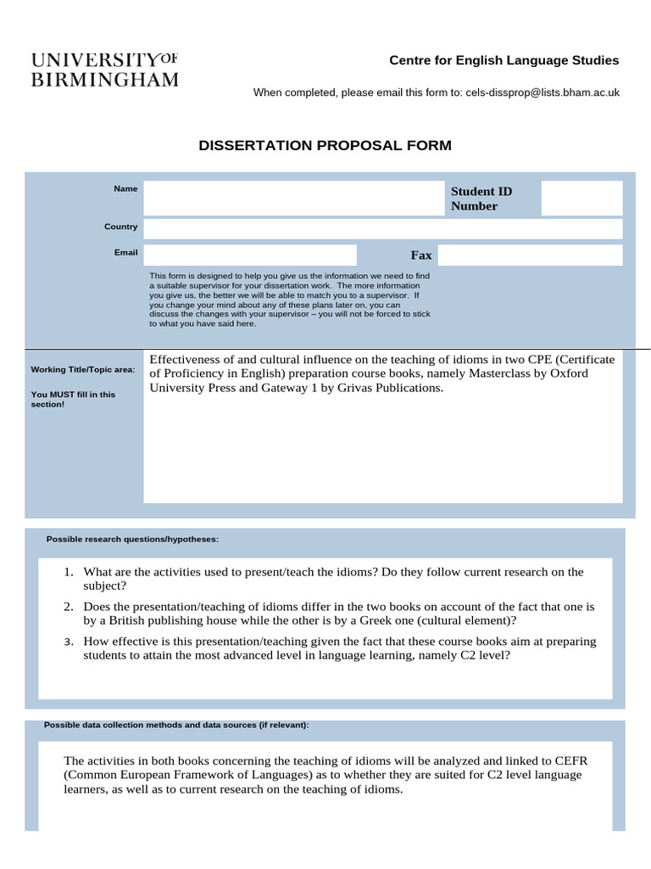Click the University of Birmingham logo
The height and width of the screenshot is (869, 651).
click(105, 70)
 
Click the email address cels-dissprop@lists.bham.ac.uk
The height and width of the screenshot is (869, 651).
click(542, 93)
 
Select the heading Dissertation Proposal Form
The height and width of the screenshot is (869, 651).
click(325, 146)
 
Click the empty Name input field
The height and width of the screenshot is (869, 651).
click(293, 199)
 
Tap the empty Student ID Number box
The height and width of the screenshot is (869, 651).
click(581, 199)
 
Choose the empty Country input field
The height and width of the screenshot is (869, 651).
click(382, 228)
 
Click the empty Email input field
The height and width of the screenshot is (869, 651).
click(250, 255)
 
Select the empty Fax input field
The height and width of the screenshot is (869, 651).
click(530, 255)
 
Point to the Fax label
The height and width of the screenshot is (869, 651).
click(421, 255)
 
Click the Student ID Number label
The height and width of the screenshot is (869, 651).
click(481, 199)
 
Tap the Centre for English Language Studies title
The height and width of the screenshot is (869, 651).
click(504, 60)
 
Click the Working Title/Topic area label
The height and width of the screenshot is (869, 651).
click(83, 369)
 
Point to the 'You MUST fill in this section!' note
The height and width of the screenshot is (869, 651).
click(73, 399)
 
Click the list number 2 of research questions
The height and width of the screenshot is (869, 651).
click(68, 607)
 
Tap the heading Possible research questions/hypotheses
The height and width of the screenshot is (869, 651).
click(132, 539)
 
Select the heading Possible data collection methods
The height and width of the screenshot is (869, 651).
click(176, 726)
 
